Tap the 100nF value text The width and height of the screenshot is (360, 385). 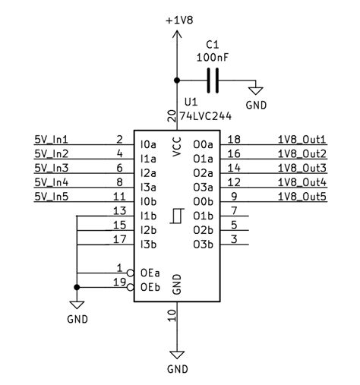point(213,56)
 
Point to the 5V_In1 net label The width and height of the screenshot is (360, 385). point(51,140)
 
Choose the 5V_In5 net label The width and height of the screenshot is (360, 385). point(51,197)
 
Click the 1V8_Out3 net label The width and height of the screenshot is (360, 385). point(302,168)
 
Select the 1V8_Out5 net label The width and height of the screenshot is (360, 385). point(302,197)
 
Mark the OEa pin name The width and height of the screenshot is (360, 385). point(150,273)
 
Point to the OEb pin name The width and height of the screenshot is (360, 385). point(150,287)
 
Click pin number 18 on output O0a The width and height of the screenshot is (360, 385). point(234,139)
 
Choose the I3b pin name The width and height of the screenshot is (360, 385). point(148,244)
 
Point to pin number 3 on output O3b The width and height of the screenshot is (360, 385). point(234,239)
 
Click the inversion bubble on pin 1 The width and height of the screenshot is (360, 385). point(130,273)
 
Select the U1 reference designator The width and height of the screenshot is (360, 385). point(190,101)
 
